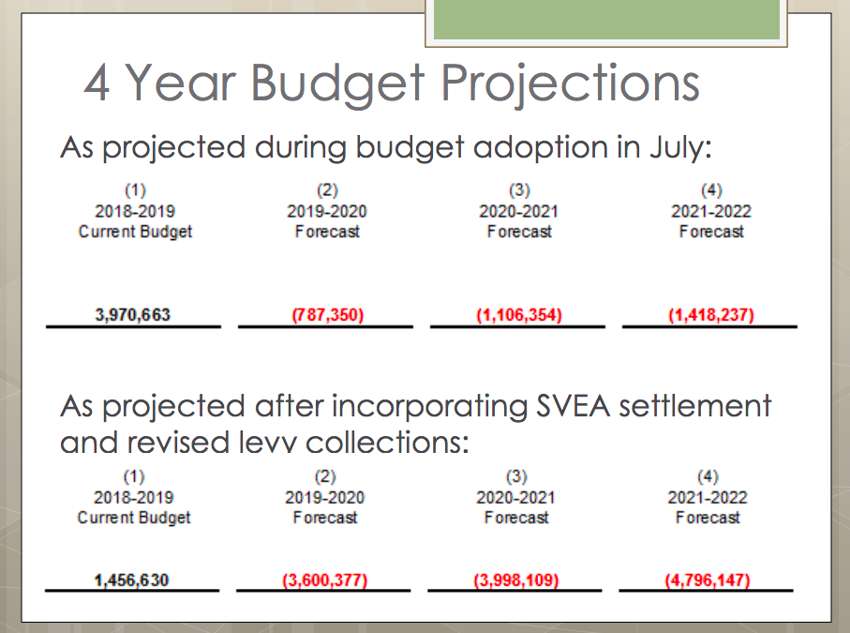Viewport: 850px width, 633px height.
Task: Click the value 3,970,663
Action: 133,315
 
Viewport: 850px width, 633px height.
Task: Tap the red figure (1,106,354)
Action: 518,315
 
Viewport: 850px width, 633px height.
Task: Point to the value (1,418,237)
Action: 710,315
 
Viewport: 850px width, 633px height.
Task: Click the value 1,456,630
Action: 132,580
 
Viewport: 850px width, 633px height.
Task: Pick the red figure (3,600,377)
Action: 324,580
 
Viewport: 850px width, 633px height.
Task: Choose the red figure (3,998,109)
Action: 516,580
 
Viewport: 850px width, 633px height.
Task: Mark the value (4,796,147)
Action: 708,580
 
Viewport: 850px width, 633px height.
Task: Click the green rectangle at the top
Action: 606,20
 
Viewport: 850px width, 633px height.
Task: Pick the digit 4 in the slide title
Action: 98,84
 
